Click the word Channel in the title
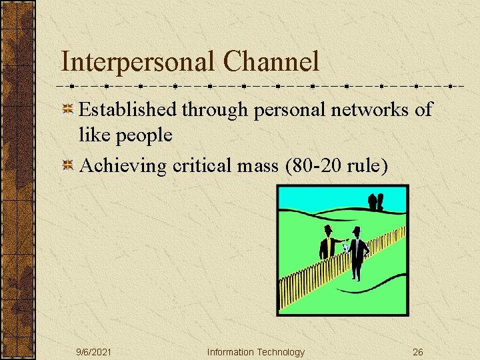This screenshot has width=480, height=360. click(x=271, y=62)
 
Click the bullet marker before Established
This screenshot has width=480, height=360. click(x=68, y=110)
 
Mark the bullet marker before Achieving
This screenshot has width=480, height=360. click(x=68, y=165)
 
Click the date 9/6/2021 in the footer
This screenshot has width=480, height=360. click(x=93, y=352)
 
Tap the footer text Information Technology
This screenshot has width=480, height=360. click(x=255, y=352)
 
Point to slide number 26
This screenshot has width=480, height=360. click(x=418, y=352)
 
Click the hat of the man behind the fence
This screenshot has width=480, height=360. click(x=327, y=229)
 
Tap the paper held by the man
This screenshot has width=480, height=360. click(x=345, y=247)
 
